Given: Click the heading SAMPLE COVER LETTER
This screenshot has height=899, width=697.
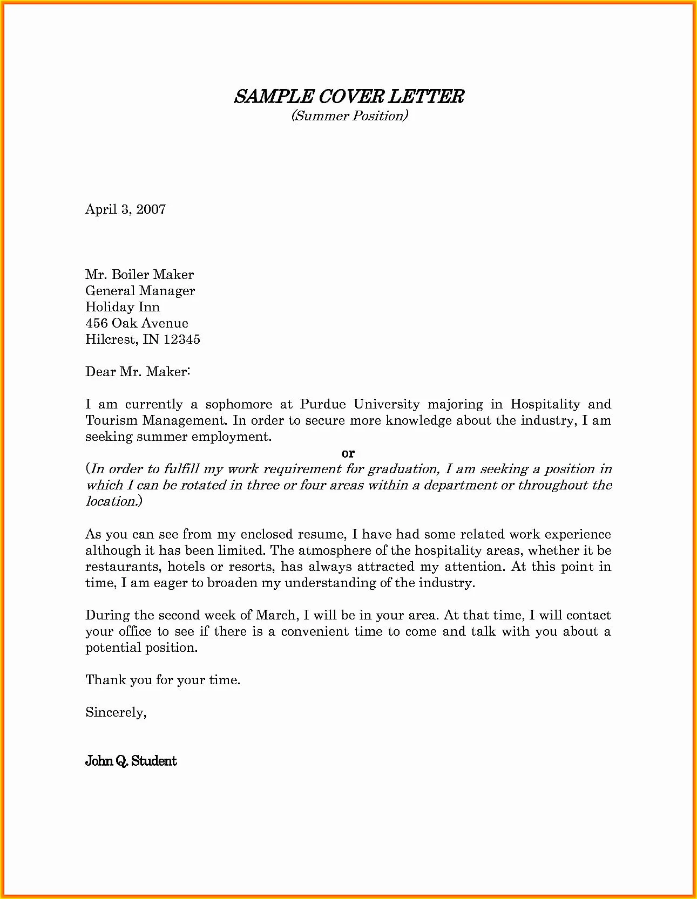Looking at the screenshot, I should [x=349, y=97].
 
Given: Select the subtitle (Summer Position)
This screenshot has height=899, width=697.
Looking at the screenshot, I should [x=349, y=115].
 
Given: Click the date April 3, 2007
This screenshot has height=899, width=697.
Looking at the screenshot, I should [x=125, y=209].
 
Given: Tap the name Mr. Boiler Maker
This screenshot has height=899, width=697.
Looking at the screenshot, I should [x=139, y=275].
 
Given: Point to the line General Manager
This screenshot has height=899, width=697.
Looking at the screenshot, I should [x=140, y=291].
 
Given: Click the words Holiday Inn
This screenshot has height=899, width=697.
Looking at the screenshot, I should [x=123, y=307].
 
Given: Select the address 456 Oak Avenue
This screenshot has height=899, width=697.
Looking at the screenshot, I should [x=137, y=323].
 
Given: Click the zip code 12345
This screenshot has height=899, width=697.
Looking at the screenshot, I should [x=182, y=339].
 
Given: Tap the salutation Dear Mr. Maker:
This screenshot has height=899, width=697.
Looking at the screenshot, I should [x=138, y=372].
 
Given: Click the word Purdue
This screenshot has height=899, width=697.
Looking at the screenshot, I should [x=323, y=404].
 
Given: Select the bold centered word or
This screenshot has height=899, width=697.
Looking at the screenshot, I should [x=348, y=453].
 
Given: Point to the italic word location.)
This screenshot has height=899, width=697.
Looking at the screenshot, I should [x=114, y=501].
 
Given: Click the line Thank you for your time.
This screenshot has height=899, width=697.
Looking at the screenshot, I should [x=163, y=680].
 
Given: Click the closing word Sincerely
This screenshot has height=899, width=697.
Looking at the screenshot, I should [x=116, y=712].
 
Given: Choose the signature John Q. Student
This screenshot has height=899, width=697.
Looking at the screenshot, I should [x=131, y=761].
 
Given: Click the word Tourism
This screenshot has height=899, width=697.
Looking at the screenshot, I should [x=111, y=420].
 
